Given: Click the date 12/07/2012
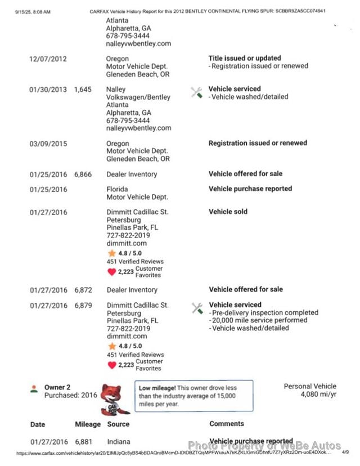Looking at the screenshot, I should (x=48, y=59).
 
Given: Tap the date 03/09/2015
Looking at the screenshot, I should (x=48, y=144).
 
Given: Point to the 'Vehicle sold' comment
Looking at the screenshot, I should (x=228, y=212).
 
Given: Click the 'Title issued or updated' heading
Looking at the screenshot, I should (x=245, y=58).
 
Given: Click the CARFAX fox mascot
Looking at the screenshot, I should (x=115, y=399).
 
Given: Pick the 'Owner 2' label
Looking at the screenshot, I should (x=57, y=387).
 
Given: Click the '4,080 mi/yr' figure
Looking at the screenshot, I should (x=318, y=395).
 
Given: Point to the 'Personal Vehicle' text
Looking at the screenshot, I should (x=310, y=386).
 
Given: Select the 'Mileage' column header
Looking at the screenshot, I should (x=88, y=424).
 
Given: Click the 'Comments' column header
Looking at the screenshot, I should (x=227, y=424).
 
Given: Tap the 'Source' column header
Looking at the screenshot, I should (x=118, y=424).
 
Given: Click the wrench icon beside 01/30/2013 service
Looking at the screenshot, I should (x=196, y=93).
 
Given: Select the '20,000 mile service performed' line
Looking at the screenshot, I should (x=259, y=320).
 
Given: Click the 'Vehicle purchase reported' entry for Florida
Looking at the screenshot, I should (x=250, y=189).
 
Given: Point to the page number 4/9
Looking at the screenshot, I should (x=345, y=452).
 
